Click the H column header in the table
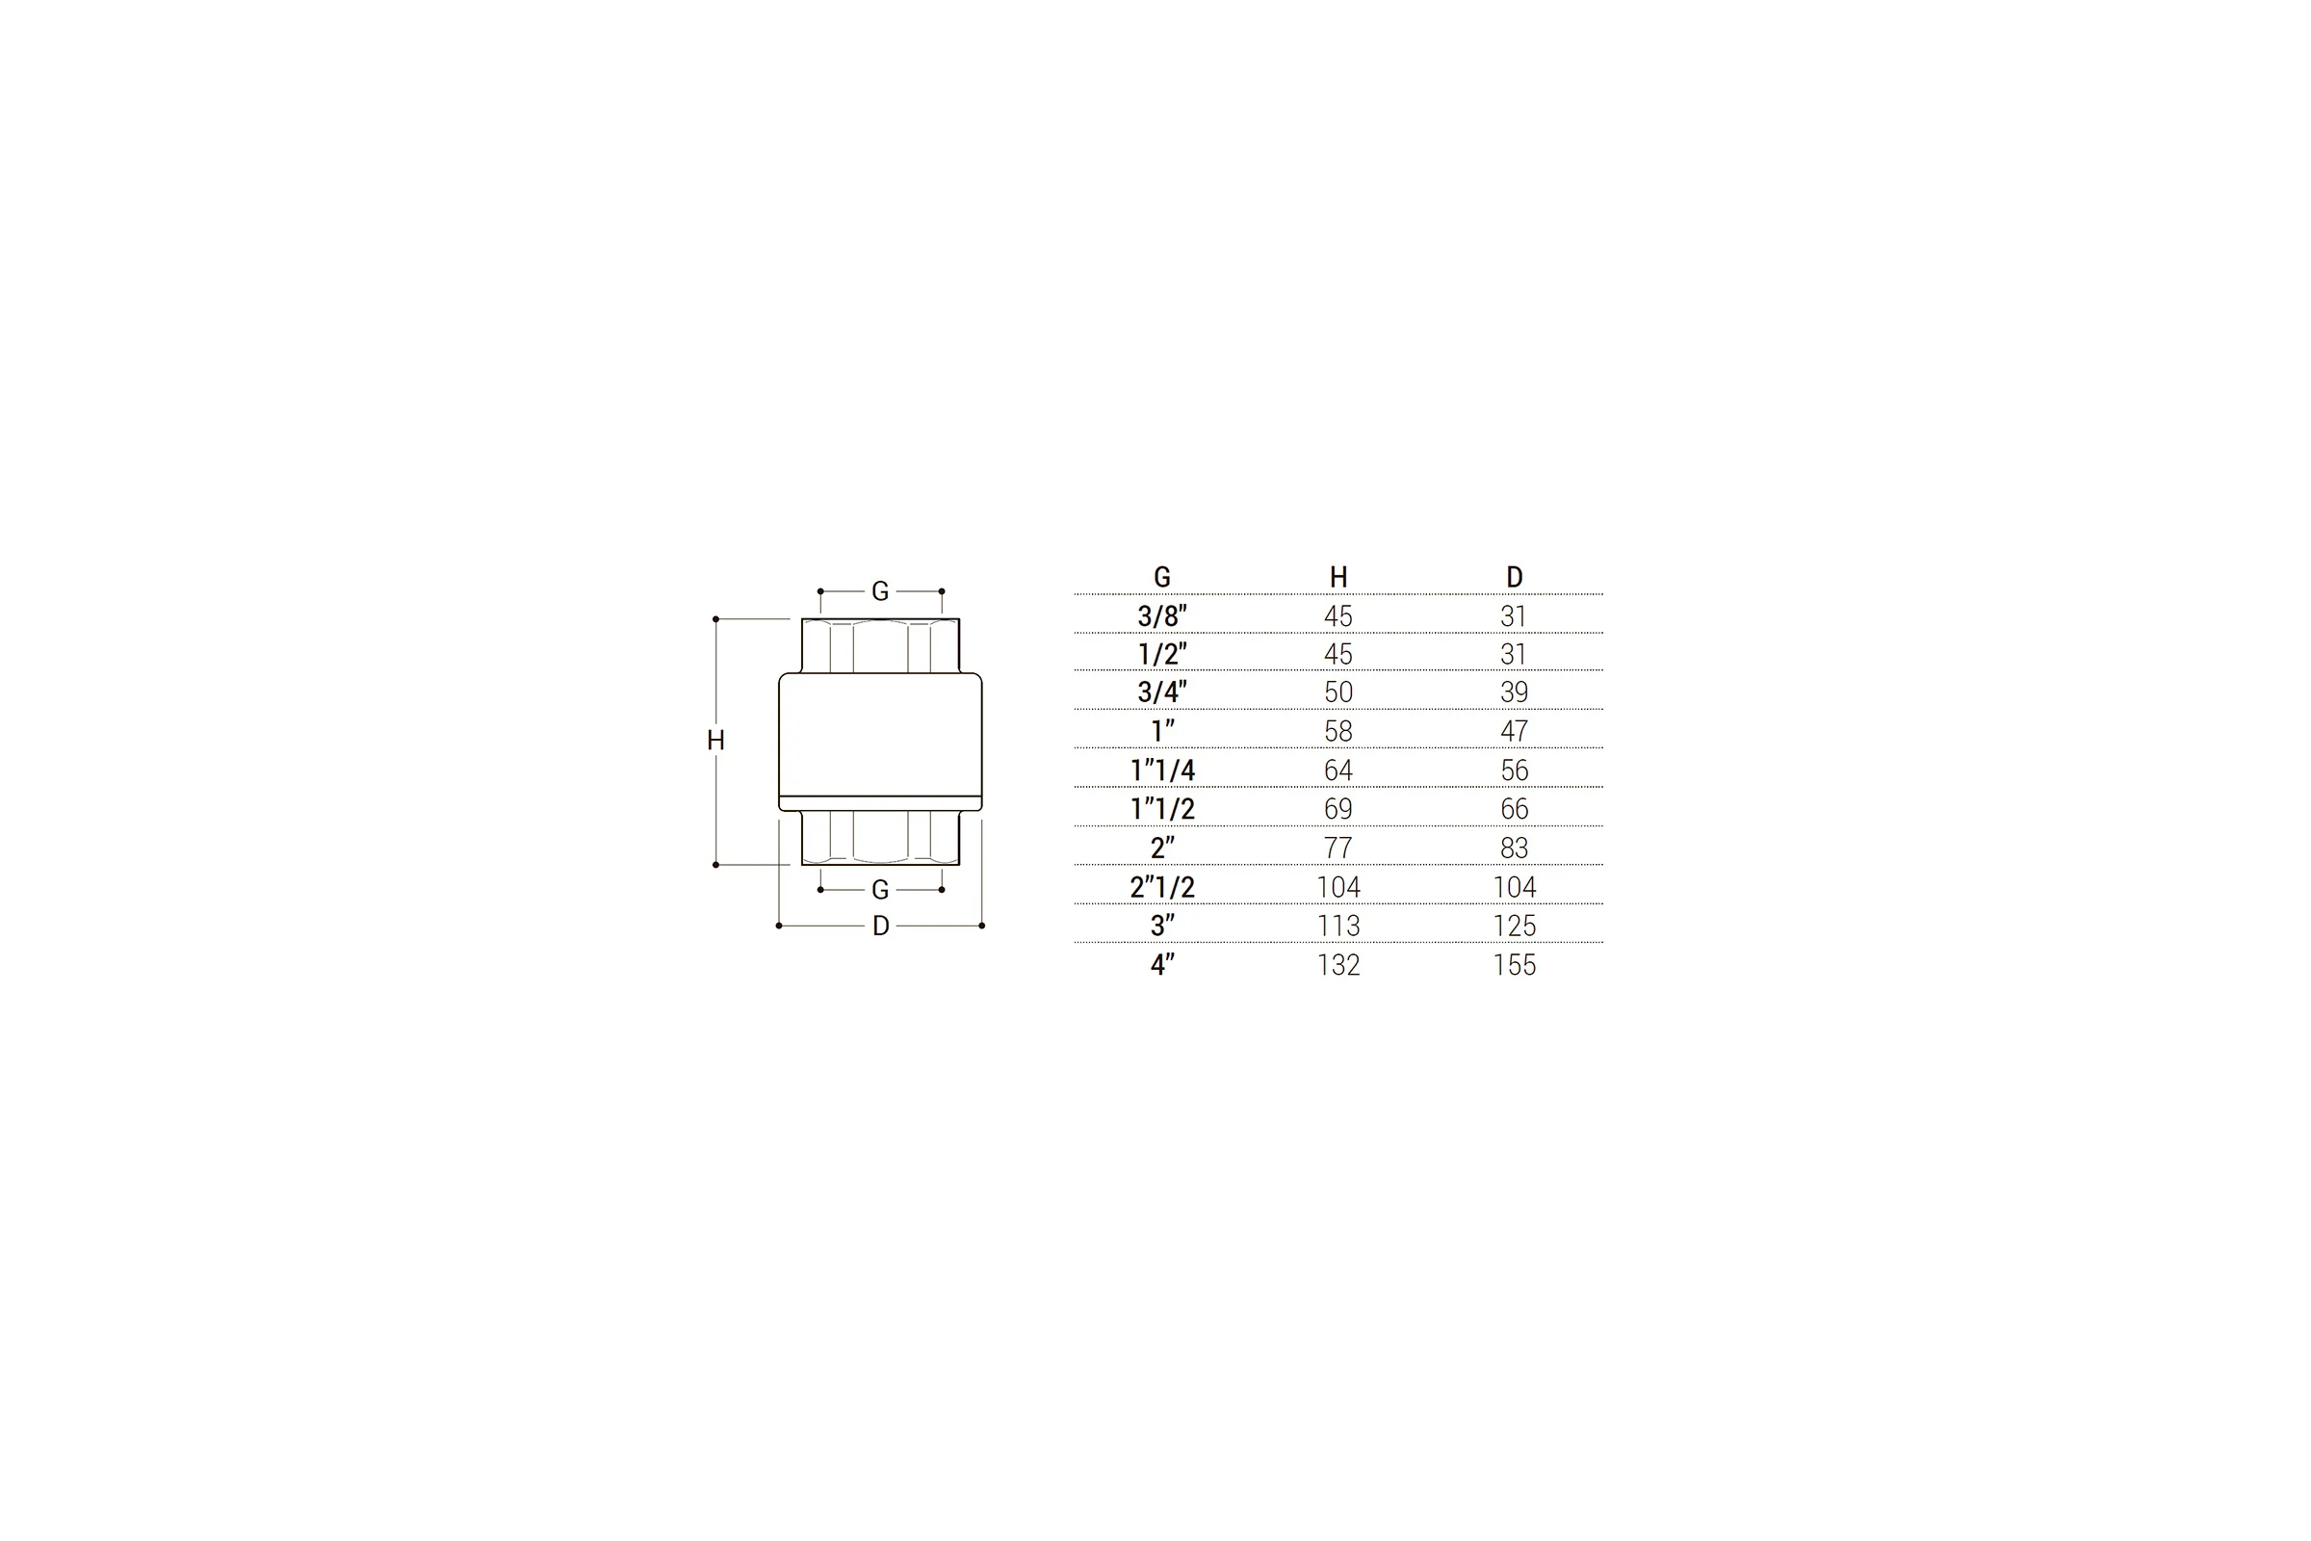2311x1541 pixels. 1338,577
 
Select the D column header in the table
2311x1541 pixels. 1514,577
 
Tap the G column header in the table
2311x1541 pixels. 1162,577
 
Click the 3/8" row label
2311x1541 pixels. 1162,616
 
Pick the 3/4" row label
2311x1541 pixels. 1162,692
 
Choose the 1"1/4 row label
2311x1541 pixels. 1162,770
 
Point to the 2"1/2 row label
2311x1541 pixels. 1162,886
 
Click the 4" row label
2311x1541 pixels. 1162,964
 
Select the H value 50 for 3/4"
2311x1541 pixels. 1338,692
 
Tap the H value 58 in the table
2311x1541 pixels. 1338,731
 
